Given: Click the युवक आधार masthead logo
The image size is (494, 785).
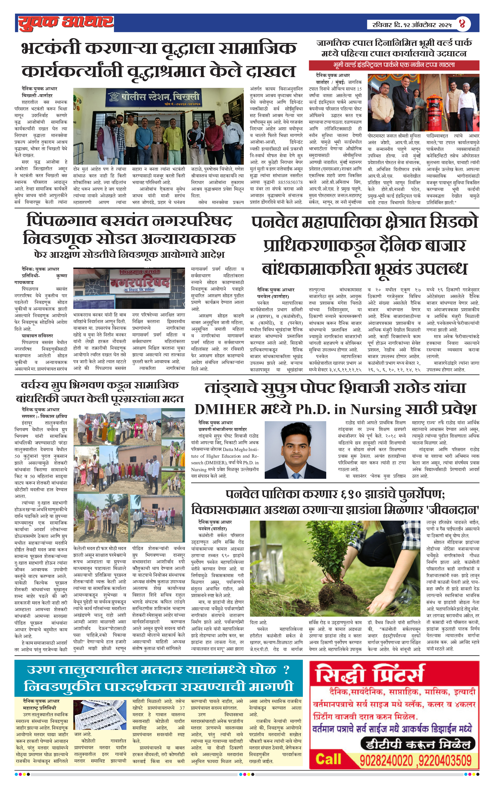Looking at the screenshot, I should (x=65, y=23).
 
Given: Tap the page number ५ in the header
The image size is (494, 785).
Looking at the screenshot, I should (x=462, y=23).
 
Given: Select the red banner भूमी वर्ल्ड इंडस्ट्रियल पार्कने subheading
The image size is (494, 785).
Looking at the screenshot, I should (x=394, y=65).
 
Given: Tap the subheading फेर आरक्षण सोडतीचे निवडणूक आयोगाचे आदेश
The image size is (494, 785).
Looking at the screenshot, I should (x=129, y=254).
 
